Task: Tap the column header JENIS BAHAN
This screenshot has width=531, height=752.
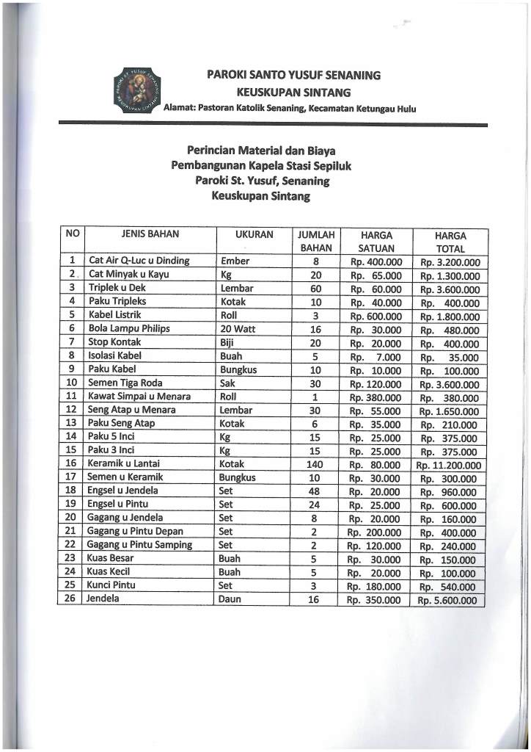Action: [x=150, y=235]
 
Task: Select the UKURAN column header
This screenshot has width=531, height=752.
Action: [x=254, y=235]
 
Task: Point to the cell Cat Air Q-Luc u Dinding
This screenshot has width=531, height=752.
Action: [x=139, y=261]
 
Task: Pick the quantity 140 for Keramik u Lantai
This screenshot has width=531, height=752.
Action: [x=314, y=464]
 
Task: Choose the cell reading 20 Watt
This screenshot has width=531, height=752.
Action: [x=238, y=328]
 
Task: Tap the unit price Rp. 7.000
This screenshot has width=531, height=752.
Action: [x=376, y=356]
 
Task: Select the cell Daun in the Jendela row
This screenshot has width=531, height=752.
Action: [x=230, y=599]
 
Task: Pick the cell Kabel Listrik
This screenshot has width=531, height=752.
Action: [x=116, y=315]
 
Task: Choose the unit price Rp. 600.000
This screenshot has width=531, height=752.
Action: [x=376, y=316]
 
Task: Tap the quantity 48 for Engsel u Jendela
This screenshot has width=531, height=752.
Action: [x=314, y=491]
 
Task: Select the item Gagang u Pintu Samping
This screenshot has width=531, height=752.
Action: [x=139, y=545]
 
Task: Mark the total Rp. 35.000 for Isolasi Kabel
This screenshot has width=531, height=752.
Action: [x=449, y=357]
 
